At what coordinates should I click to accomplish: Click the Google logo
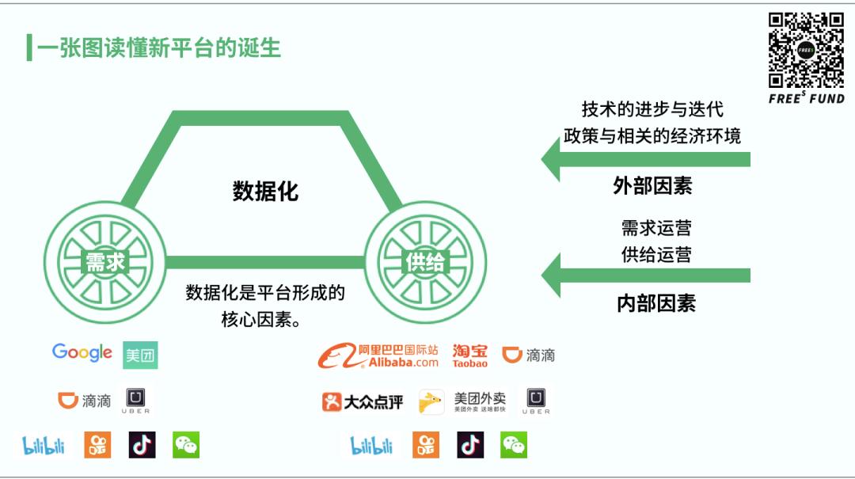(82, 353)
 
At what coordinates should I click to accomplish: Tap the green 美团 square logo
(140, 355)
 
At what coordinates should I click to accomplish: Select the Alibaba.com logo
(378, 355)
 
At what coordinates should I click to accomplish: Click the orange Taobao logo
(469, 355)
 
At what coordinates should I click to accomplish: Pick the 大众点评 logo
(362, 402)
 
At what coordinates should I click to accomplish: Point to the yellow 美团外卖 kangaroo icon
(431, 402)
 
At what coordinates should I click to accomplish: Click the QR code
(806, 51)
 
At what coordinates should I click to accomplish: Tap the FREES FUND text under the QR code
(807, 98)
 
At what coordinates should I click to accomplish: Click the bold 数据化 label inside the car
(265, 192)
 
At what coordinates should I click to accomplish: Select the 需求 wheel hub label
(105, 262)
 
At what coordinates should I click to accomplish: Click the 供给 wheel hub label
(425, 262)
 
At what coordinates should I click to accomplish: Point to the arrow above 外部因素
(646, 159)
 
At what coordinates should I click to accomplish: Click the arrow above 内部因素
(646, 276)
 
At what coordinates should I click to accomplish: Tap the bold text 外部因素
(652, 186)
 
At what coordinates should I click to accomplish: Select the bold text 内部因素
(656, 303)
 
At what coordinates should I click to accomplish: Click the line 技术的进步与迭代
(652, 109)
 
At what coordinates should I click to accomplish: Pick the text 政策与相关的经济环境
(652, 136)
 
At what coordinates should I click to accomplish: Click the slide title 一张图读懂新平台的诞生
(158, 48)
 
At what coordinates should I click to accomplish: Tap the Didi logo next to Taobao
(528, 355)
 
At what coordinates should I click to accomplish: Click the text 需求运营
(656, 227)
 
